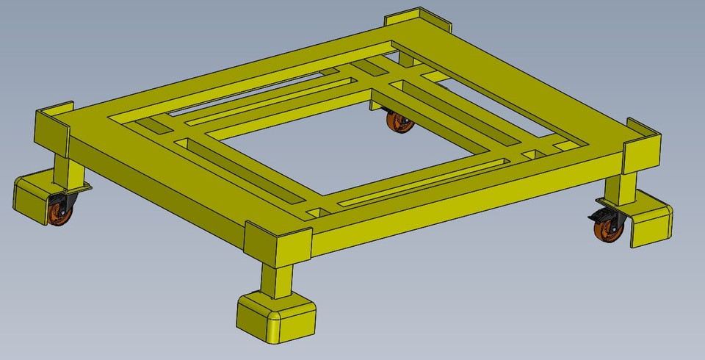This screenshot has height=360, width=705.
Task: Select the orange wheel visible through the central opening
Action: point(400,123)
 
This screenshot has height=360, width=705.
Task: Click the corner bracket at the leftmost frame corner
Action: point(52,129)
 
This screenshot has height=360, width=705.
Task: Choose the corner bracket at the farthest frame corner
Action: point(415,20)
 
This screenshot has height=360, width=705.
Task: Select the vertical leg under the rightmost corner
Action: point(628,188)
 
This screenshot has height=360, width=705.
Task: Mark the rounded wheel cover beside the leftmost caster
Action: point(31,196)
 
